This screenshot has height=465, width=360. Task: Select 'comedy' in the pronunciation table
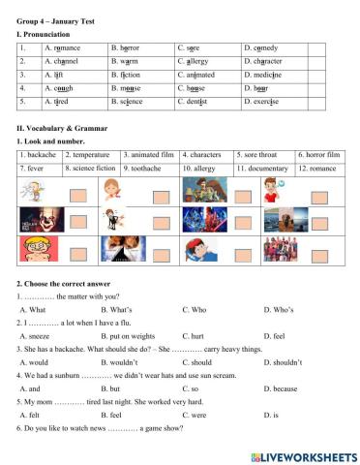(x=264, y=46)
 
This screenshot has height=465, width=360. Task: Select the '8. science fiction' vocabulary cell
(x=91, y=168)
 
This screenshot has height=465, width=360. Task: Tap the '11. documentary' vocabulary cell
(x=264, y=168)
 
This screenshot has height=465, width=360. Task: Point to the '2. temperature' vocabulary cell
(x=91, y=154)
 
